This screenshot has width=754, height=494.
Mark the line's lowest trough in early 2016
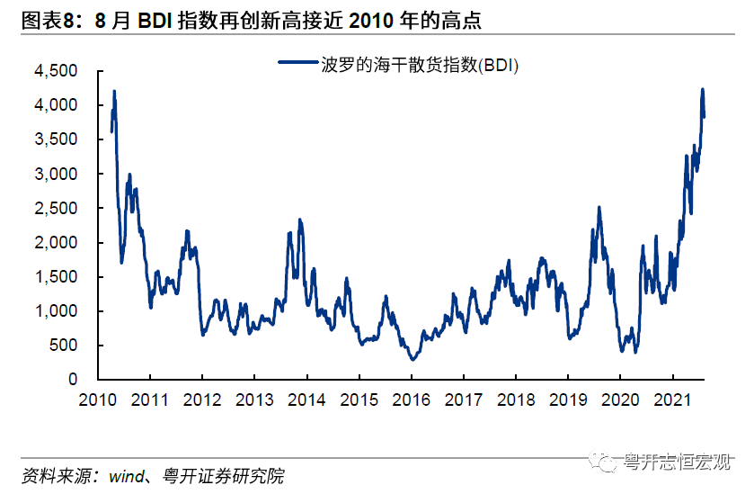(412, 359)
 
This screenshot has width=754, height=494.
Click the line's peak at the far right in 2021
(702, 89)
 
